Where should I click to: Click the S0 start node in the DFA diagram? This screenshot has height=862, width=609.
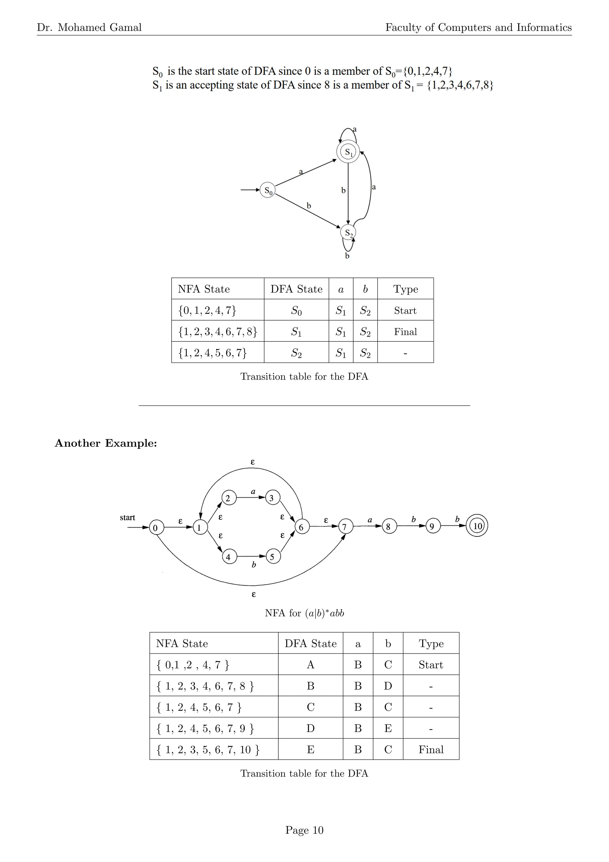(x=267, y=190)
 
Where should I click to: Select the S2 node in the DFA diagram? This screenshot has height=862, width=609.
(x=348, y=232)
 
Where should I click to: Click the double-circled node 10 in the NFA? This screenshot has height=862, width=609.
(x=477, y=526)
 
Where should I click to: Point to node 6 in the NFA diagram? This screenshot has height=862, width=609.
(x=302, y=527)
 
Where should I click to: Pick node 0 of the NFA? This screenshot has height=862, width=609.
(x=156, y=527)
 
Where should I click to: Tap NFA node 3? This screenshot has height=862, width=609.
(x=272, y=498)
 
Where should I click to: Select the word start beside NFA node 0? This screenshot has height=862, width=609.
(x=128, y=517)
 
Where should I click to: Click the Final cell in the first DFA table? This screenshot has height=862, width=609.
(x=405, y=332)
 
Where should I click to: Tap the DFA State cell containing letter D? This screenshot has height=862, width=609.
(x=310, y=728)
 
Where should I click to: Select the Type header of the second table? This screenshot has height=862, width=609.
(x=431, y=644)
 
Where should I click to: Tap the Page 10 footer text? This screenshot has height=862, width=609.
(x=304, y=830)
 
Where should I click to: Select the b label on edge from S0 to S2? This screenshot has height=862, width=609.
(x=309, y=206)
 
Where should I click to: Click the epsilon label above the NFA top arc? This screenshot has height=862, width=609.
(x=252, y=462)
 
